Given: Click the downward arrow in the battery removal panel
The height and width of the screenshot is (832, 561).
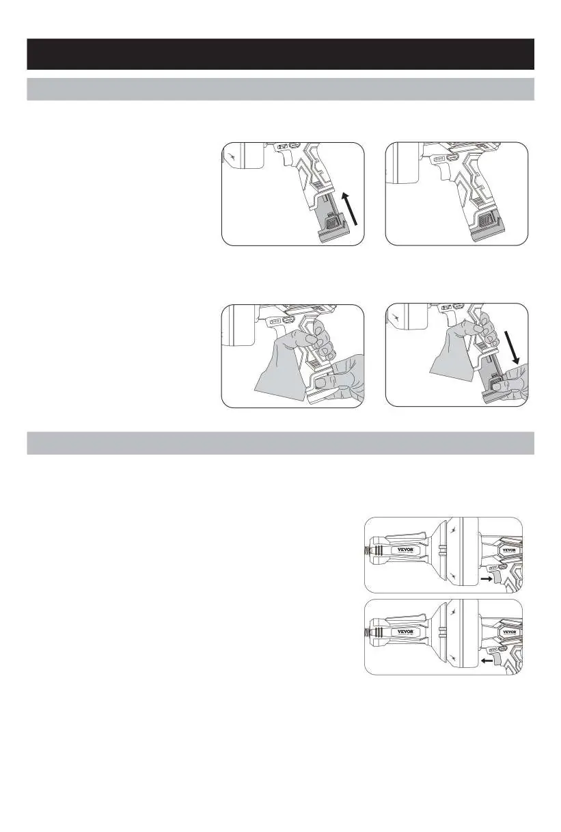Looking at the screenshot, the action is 512,347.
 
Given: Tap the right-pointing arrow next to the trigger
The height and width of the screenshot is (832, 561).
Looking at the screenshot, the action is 485,578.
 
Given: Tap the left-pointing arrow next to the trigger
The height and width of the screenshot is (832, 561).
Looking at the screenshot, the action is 487,660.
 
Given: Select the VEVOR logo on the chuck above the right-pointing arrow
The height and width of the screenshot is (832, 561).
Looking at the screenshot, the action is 405,550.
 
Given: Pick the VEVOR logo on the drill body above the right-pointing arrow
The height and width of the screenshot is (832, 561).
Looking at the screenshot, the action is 509,550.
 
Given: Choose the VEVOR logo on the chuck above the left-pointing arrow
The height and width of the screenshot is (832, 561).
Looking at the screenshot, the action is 405,632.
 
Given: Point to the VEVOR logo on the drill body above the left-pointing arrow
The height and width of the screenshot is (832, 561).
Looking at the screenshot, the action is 509,632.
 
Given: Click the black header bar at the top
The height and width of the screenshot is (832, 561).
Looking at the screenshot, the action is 280,54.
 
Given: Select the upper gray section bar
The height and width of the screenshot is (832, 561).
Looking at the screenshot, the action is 280,89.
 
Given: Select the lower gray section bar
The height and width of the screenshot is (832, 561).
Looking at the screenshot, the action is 280,443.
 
